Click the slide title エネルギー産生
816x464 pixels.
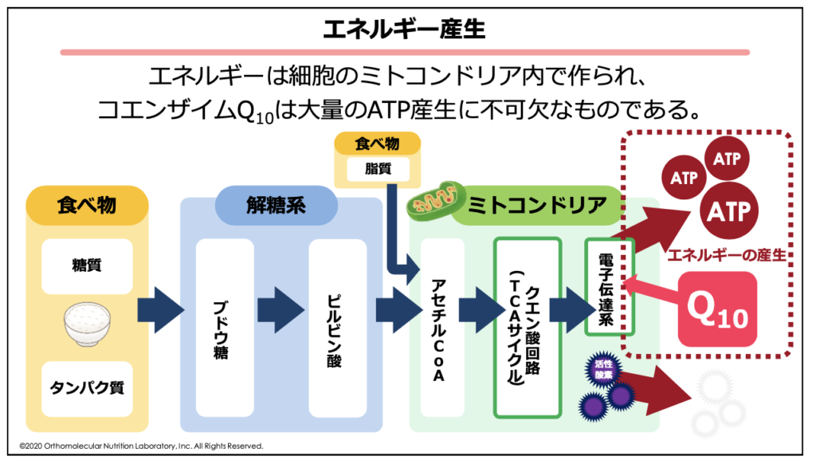[404, 29]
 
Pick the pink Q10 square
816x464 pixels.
[716, 309]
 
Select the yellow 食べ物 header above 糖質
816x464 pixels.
[87, 205]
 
